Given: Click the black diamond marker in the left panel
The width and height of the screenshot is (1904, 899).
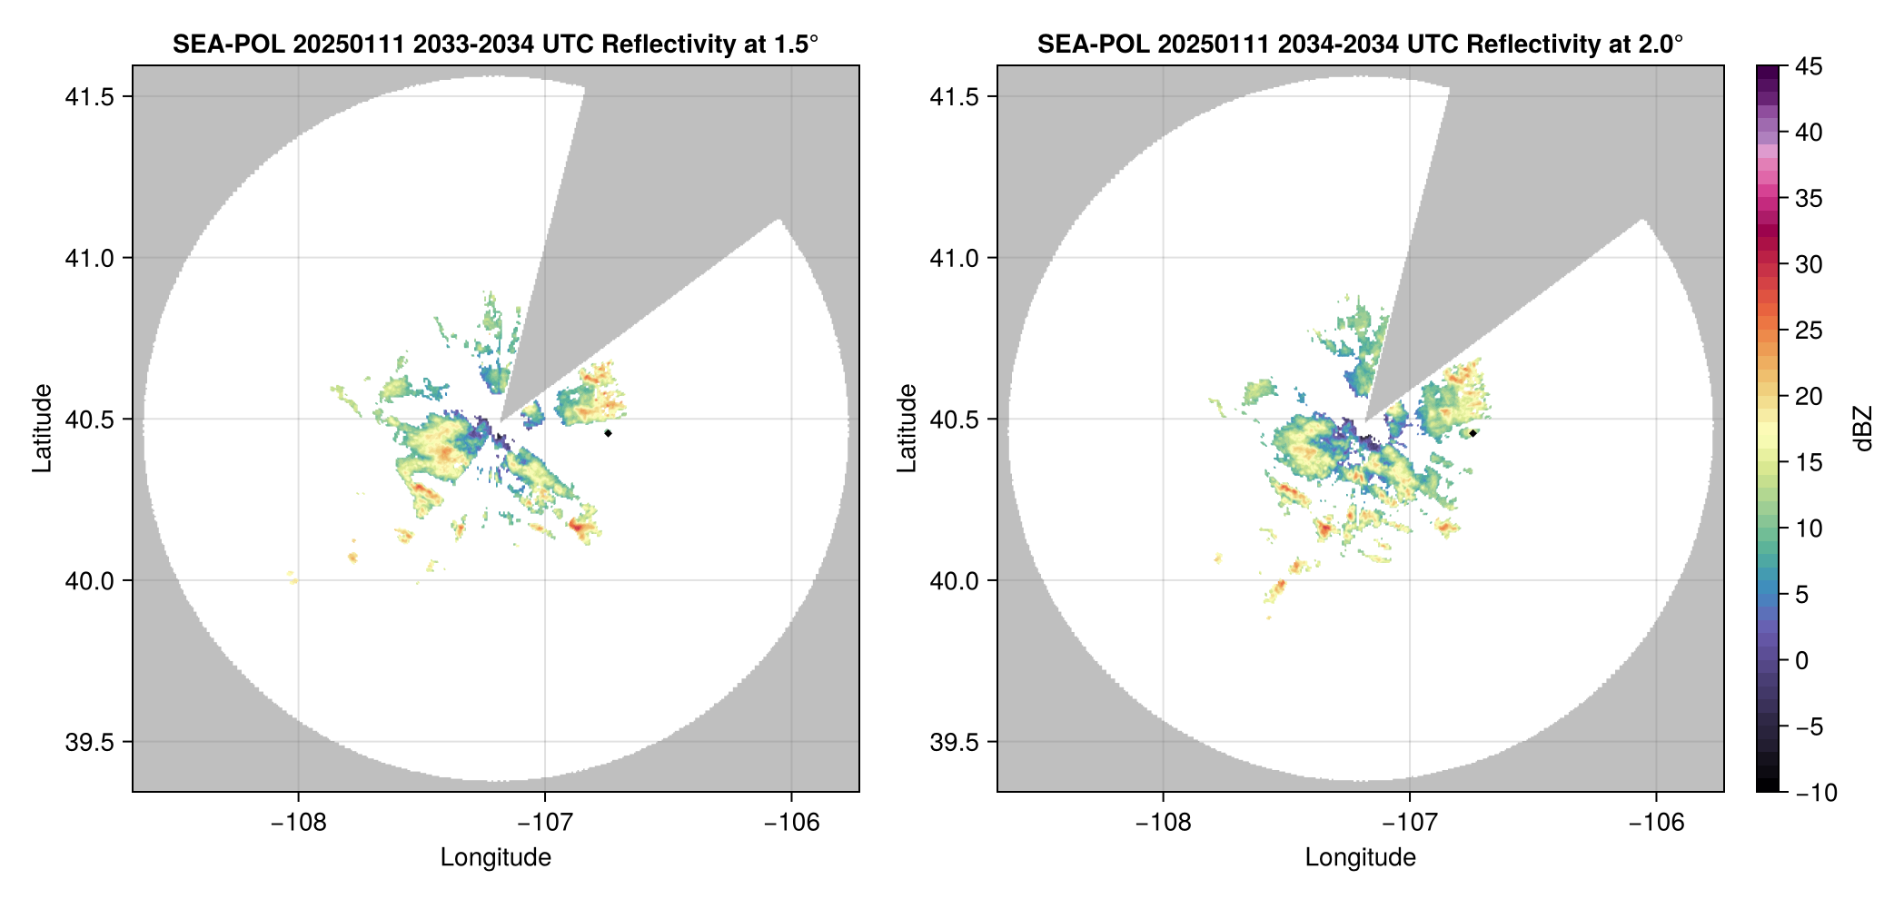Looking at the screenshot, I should tap(608, 433).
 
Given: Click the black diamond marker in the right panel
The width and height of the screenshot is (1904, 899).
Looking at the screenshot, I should tap(1473, 433).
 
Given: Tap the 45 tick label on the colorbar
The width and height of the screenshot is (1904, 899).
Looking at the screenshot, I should tap(1809, 66).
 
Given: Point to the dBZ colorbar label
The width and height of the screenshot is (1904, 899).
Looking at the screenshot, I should tap(1863, 429).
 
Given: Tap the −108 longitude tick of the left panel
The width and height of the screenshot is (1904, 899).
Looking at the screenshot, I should tap(298, 823).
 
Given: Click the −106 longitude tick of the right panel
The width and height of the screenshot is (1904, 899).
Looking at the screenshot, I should tap(1656, 823).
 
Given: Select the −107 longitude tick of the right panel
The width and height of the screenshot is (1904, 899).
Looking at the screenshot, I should tap(1409, 823).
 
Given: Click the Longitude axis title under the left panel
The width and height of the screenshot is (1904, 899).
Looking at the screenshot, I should tap(496, 857).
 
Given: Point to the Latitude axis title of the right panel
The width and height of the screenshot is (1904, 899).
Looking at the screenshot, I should tap(907, 429).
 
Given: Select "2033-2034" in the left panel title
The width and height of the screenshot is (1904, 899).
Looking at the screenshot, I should tap(472, 44).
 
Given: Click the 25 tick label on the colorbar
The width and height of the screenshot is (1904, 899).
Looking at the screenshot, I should tap(1809, 331).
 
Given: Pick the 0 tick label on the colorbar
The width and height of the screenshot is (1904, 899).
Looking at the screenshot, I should tap(1802, 660).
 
